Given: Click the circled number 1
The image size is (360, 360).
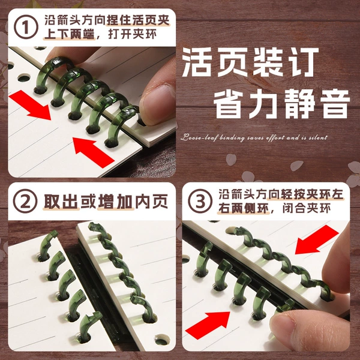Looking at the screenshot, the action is (26, 27).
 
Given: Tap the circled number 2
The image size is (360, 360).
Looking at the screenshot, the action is (25, 201).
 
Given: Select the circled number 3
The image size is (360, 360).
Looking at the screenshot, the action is (200, 201).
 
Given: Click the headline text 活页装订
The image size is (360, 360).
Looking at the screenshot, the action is (250, 62).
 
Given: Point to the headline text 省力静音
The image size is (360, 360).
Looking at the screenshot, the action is (282, 104).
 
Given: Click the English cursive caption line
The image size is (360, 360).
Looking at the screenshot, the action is (254, 137).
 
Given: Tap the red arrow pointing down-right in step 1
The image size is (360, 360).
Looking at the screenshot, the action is (30, 105).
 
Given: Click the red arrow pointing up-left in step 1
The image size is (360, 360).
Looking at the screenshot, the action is (94, 152).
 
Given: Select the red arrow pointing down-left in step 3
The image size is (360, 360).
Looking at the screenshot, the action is (317, 239).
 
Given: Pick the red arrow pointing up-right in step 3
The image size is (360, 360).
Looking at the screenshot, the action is (208, 325).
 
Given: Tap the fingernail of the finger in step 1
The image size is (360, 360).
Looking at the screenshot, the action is (157, 103).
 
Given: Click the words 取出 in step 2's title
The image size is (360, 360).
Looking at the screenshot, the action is (61, 202).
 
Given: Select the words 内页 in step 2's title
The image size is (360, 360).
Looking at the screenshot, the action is (152, 202).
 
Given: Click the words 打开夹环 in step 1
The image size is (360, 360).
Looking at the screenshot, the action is (133, 35).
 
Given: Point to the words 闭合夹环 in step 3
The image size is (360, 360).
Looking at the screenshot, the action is (307, 208).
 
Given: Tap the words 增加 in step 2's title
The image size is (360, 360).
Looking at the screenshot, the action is (116, 202).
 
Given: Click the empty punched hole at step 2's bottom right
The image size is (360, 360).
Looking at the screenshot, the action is (162, 340).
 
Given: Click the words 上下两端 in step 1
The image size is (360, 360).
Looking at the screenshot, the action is (69, 35).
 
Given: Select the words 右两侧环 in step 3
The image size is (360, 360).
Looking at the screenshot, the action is (244, 208).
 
